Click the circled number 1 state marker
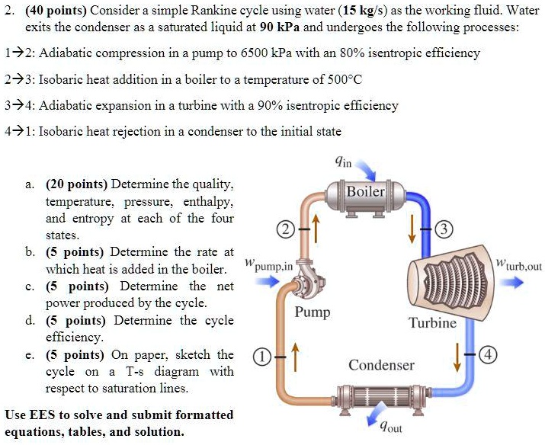261,357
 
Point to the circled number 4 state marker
489,357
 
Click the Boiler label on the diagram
366,191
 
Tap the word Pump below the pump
313,312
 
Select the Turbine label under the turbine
432,322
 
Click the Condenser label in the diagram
381,365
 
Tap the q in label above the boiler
343,162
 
